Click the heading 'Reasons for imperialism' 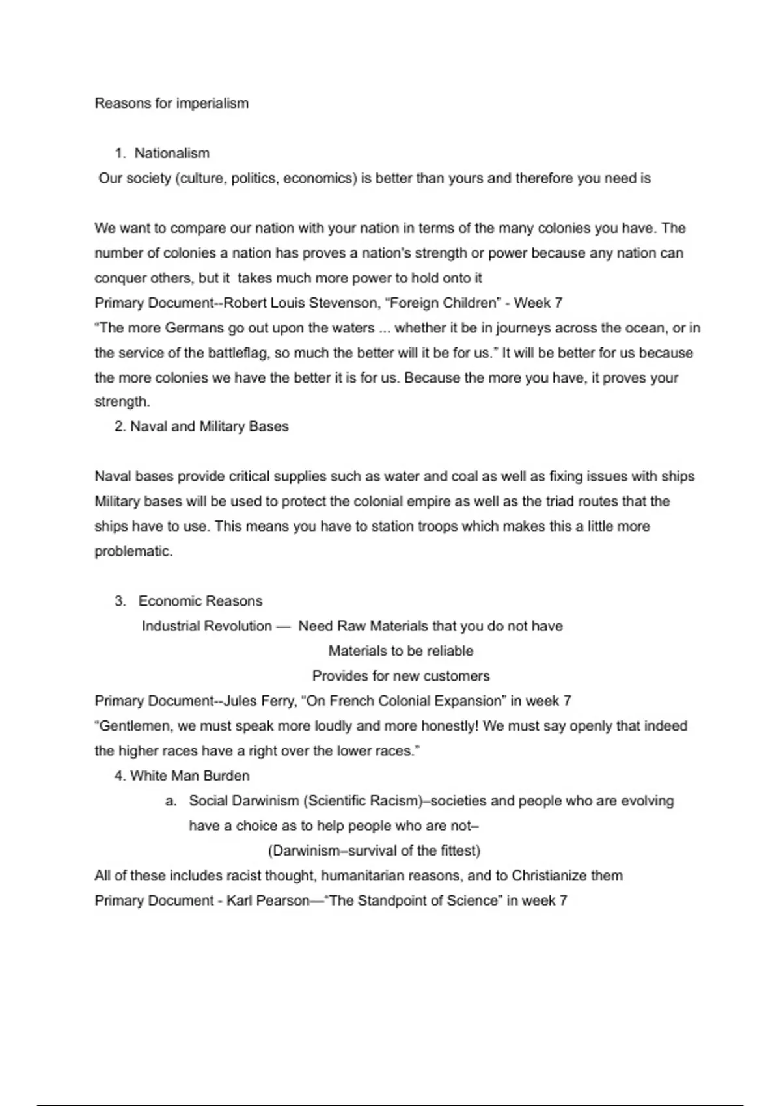pyautogui.click(x=171, y=103)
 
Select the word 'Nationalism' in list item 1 pyautogui.click(x=172, y=154)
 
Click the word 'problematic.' pyautogui.click(x=133, y=552)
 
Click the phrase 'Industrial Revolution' pyautogui.click(x=206, y=627)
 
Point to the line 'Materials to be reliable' pyautogui.click(x=400, y=651)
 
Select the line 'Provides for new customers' pyautogui.click(x=400, y=676)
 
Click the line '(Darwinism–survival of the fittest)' pyautogui.click(x=374, y=851)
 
